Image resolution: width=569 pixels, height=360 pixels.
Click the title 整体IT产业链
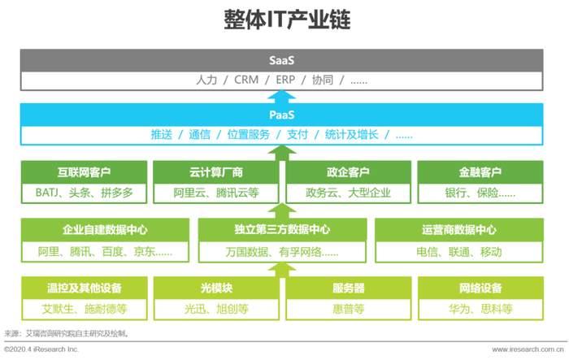click(x=287, y=20)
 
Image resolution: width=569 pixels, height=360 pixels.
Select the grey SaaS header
click(x=281, y=60)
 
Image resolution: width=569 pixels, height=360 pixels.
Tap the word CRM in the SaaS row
click(x=246, y=80)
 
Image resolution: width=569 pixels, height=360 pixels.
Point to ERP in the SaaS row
click(x=285, y=80)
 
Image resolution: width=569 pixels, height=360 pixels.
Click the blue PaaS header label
click(x=281, y=115)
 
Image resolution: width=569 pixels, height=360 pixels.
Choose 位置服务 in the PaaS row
click(x=249, y=135)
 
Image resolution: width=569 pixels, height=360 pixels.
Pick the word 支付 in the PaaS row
click(x=298, y=135)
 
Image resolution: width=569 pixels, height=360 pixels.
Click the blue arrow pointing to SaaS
click(x=281, y=97)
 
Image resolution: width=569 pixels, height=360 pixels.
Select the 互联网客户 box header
click(x=85, y=172)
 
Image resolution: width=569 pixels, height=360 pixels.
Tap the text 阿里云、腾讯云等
click(x=216, y=193)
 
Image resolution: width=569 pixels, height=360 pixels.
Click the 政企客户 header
click(x=349, y=172)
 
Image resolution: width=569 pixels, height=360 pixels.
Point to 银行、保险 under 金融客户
click(x=471, y=193)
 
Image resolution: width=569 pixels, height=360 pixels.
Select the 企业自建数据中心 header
click(x=105, y=229)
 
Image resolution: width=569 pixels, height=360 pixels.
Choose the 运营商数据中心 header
click(x=459, y=229)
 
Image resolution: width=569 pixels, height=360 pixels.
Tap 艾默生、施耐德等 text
click(x=85, y=309)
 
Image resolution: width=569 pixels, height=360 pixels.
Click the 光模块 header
click(x=216, y=288)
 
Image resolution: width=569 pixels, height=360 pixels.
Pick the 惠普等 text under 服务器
click(x=349, y=309)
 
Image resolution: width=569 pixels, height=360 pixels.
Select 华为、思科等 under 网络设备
click(x=480, y=309)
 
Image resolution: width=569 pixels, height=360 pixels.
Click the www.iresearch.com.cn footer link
click(x=528, y=349)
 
